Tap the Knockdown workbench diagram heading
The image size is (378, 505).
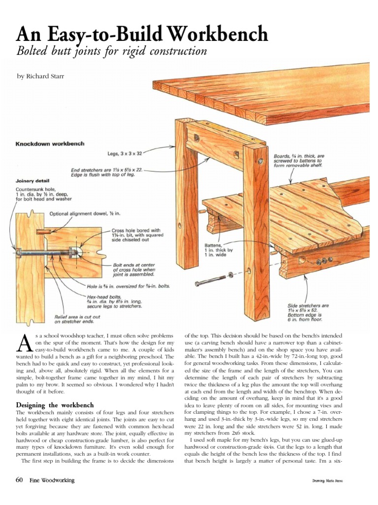pyautogui.click(x=50, y=144)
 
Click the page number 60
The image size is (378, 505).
pyautogui.click(x=20, y=480)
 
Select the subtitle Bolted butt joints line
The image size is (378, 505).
pyautogui.click(x=112, y=52)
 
